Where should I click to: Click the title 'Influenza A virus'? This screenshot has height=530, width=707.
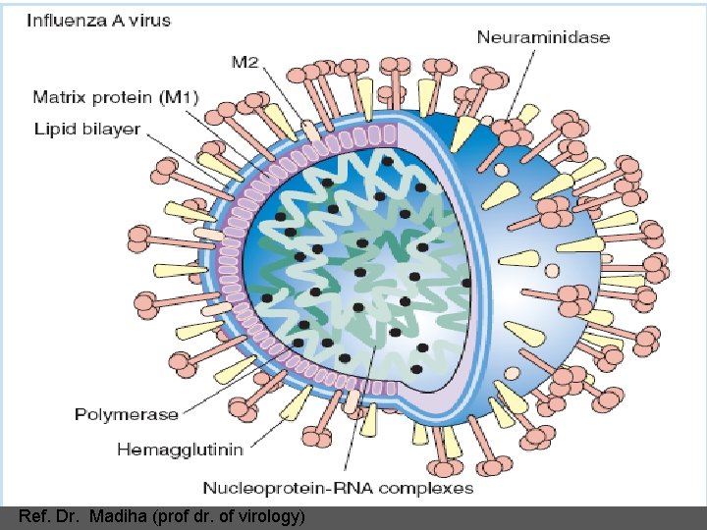(98, 20)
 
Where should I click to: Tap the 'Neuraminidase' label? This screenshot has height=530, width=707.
(543, 37)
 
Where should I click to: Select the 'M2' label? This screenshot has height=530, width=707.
(245, 63)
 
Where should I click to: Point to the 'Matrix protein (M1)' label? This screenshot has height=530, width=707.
(116, 96)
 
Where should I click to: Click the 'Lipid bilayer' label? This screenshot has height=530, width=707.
(87, 129)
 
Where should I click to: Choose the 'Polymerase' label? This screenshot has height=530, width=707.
(127, 414)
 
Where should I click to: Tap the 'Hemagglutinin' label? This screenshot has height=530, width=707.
(179, 450)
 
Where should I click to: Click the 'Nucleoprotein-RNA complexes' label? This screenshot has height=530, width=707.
(338, 488)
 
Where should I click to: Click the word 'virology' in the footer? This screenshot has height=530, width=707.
(274, 516)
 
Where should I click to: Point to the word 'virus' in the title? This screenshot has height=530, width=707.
(149, 20)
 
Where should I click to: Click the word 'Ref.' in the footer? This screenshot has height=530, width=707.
(33, 516)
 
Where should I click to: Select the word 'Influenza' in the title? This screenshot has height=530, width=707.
(67, 20)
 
